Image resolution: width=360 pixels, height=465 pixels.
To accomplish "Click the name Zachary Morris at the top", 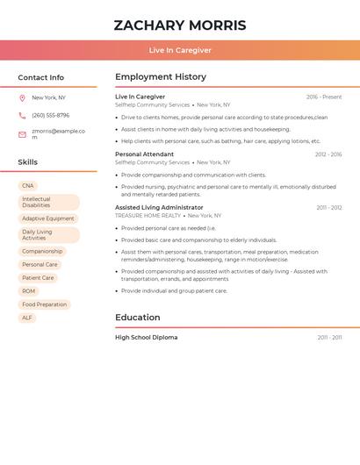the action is click(180, 25).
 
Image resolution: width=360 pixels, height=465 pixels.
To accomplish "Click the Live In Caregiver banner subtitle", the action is click(180, 50).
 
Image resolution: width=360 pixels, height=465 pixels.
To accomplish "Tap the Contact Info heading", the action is click(41, 77).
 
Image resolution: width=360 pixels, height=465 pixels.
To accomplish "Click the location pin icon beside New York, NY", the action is click(22, 97).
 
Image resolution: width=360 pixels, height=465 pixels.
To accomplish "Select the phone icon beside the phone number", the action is click(22, 115).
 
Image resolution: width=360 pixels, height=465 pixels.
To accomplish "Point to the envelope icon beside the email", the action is click(22, 134).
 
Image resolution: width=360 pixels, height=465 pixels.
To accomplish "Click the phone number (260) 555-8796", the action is click(50, 115).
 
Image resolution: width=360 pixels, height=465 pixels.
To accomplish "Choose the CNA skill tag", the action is click(28, 186).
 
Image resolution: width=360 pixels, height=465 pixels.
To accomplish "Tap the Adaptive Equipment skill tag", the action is click(48, 218).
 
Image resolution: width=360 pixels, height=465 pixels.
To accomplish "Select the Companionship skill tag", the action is click(42, 251).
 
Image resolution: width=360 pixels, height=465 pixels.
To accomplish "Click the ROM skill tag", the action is click(29, 291).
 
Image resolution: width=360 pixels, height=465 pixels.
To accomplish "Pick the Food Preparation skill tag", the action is click(45, 304).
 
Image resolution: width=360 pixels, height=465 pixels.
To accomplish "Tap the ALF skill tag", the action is click(27, 318).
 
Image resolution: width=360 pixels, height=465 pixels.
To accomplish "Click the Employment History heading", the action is click(161, 77).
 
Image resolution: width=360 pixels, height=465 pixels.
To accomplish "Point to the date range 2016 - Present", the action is click(324, 97).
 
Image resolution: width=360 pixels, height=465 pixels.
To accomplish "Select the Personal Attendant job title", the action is click(144, 154).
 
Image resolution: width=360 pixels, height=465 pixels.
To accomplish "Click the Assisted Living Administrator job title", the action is click(159, 208).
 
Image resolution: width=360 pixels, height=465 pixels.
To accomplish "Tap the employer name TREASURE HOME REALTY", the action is click(148, 216).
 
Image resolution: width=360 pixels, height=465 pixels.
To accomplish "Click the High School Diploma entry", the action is click(146, 338).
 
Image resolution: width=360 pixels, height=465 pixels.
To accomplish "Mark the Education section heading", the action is click(137, 318).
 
